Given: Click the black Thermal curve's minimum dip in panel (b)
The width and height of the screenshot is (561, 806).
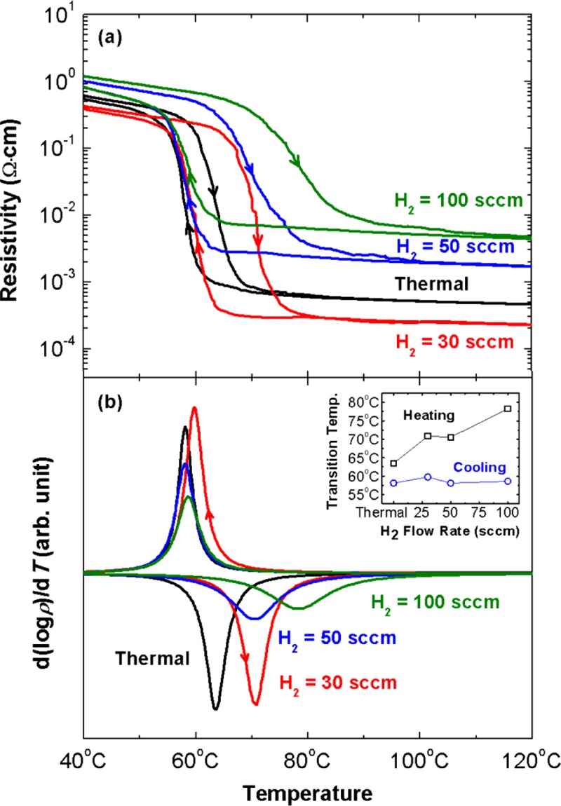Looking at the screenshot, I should click(x=215, y=709).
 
